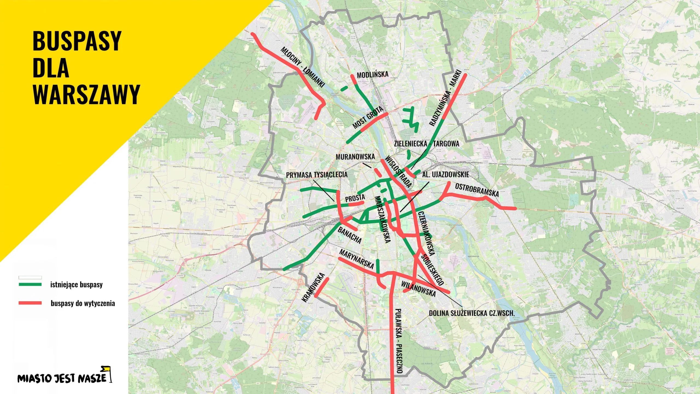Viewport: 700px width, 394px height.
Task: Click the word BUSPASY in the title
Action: [x=77, y=41]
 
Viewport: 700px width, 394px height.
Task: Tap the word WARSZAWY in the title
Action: [x=86, y=94]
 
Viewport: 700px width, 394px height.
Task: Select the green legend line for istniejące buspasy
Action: [x=30, y=285]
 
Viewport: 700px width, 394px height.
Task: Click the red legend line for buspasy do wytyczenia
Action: [x=30, y=303]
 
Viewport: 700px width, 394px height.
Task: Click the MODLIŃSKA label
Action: [x=372, y=75]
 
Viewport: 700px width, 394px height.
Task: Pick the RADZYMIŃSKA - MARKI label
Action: [x=445, y=98]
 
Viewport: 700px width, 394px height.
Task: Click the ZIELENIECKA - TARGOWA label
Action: [x=427, y=144]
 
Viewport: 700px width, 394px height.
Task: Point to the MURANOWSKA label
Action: [x=355, y=157]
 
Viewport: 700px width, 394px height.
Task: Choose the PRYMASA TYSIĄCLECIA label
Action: [x=317, y=175]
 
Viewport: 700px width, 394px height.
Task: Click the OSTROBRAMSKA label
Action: [x=477, y=190]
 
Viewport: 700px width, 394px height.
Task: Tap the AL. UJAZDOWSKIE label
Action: [x=445, y=175]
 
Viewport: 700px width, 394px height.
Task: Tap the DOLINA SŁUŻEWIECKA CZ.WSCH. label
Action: [x=472, y=313]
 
